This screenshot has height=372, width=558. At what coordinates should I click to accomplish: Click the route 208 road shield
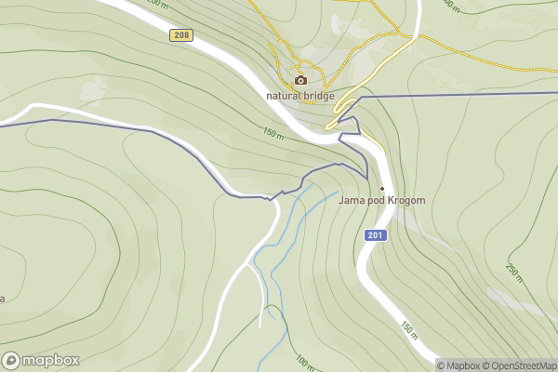181,34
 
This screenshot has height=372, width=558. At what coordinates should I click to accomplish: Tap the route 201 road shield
374,235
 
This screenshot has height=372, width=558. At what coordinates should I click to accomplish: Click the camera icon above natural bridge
300,80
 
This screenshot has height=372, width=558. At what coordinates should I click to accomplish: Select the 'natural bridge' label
300,95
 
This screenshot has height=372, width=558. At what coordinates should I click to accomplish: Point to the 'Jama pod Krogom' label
382,200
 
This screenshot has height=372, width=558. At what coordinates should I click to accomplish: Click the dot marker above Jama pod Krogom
382,188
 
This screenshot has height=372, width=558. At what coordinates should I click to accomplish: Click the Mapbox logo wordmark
50,361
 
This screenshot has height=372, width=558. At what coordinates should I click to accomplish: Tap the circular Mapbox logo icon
11,361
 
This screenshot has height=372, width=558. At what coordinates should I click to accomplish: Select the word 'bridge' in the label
318,95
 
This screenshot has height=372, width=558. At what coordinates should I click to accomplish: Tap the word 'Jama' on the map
351,200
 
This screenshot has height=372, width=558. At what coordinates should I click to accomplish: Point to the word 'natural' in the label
283,95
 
